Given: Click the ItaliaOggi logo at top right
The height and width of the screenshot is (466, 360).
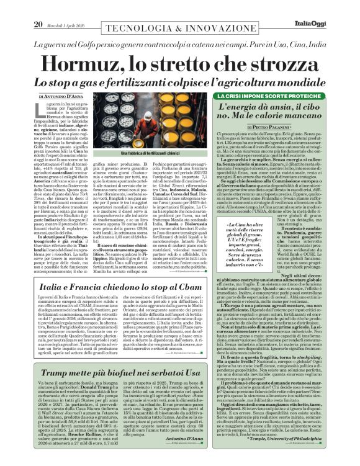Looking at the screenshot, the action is point(332,7).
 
